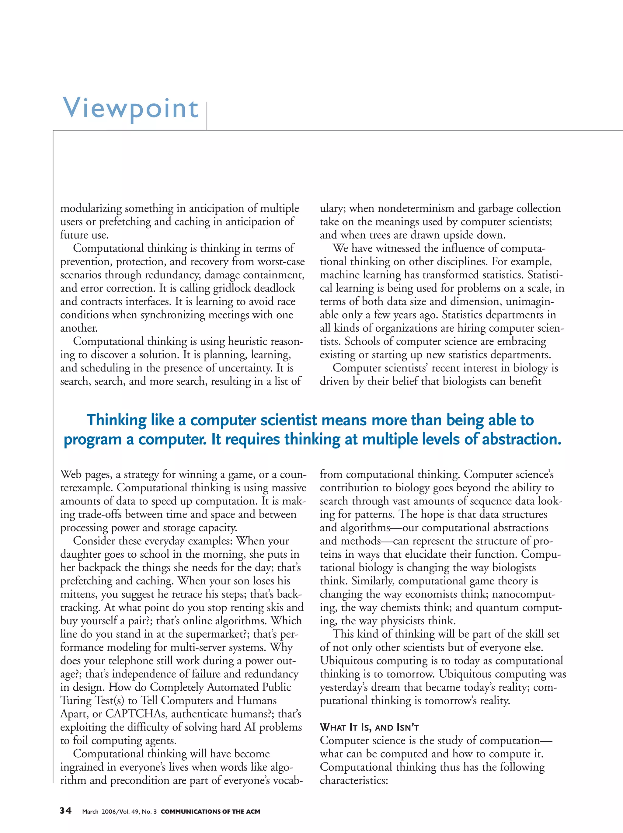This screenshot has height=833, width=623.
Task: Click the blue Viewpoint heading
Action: point(131,108)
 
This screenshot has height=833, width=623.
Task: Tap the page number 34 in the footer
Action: point(65,811)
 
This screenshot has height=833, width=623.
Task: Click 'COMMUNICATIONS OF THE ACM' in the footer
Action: point(210,811)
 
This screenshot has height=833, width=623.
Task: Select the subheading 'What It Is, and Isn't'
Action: point(369,727)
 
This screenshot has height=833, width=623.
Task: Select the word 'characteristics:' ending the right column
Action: point(353,780)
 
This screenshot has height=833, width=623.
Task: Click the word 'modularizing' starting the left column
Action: point(91,208)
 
